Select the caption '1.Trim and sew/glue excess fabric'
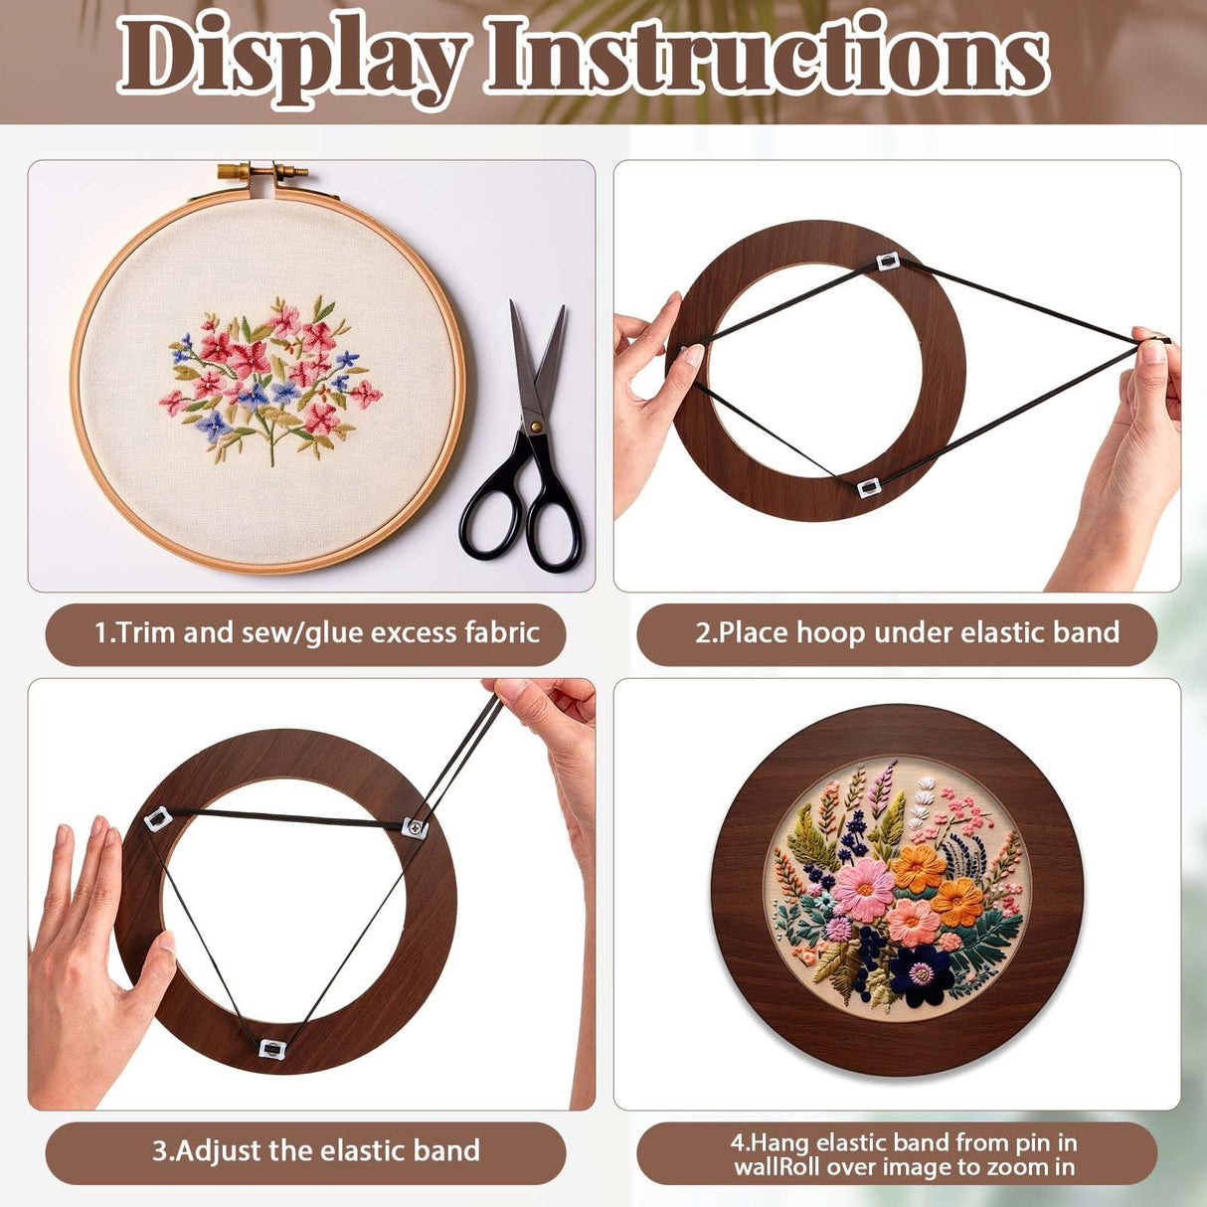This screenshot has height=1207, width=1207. click(x=316, y=633)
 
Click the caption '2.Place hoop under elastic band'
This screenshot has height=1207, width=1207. click(x=907, y=633)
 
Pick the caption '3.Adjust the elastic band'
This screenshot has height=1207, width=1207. click(x=316, y=1151)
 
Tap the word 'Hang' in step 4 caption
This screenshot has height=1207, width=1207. click(x=784, y=1142)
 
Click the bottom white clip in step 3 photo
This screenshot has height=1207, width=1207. click(x=271, y=1048)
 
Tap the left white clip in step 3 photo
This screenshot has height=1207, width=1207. click(x=158, y=820)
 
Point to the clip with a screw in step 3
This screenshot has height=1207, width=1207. click(x=416, y=826)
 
